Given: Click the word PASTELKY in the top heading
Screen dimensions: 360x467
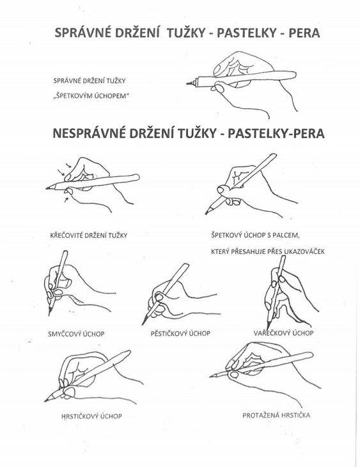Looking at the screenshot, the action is click(x=247, y=33).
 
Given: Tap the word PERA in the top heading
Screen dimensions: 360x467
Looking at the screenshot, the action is click(x=304, y=33).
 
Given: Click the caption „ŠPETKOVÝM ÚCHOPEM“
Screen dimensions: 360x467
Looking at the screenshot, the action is click(x=90, y=96).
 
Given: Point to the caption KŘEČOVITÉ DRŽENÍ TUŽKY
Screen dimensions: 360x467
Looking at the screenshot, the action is click(x=89, y=235).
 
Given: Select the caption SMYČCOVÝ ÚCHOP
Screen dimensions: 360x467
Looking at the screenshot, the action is click(x=76, y=334).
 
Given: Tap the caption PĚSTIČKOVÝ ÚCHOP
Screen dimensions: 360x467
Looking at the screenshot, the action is click(x=180, y=333).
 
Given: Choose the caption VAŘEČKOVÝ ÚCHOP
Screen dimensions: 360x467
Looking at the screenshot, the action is click(x=283, y=333).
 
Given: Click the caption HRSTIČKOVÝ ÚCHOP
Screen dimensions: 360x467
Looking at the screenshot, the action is click(x=91, y=416).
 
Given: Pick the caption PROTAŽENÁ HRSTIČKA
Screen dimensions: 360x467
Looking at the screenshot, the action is click(x=276, y=415).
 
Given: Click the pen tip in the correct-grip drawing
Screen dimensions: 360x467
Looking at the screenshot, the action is click(x=187, y=84).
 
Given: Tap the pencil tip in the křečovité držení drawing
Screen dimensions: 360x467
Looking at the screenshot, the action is click(x=47, y=189).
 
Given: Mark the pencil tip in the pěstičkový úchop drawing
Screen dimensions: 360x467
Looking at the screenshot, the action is click(x=143, y=324).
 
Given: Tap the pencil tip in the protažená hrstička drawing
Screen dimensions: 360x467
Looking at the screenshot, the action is click(x=211, y=377).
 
